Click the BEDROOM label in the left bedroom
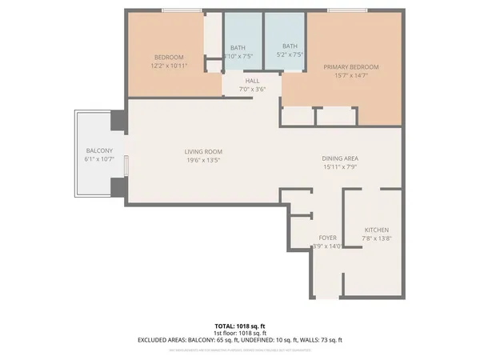tap(169, 57)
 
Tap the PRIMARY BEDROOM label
tap(351, 67)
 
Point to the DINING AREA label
tap(340, 158)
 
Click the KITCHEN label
tap(377, 229)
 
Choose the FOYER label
tap(327, 238)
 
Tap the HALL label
tap(252, 80)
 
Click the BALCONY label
tap(99, 151)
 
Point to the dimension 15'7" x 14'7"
tap(351, 76)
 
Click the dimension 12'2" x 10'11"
tap(169, 66)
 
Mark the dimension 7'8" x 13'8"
tap(377, 238)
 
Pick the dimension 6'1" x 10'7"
tap(99, 160)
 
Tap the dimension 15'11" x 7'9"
tap(340, 167)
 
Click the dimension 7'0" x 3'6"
tap(252, 89)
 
